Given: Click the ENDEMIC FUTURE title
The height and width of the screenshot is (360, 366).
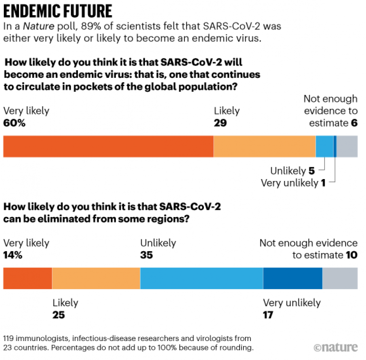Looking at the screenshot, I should pyautogui.click(x=58, y=11).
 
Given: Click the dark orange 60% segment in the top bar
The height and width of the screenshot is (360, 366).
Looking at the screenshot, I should pyautogui.click(x=108, y=146).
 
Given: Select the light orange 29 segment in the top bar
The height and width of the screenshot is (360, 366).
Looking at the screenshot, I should pyautogui.click(x=264, y=146).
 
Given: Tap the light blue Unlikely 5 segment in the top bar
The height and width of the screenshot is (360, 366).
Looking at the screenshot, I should pyautogui.click(x=325, y=146).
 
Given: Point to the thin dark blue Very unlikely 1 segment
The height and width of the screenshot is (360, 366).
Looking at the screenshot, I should pyautogui.click(x=335, y=146).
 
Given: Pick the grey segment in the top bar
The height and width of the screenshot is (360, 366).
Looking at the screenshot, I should pyautogui.click(x=347, y=146).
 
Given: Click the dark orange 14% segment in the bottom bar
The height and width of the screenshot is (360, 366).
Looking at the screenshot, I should pyautogui.click(x=28, y=278).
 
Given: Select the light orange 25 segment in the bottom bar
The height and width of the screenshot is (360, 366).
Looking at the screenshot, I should pyautogui.click(x=96, y=278).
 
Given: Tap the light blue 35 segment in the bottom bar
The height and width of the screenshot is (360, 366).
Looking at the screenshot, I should pyautogui.click(x=202, y=278).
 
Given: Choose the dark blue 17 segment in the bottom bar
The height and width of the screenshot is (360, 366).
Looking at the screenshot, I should pyautogui.click(x=293, y=278).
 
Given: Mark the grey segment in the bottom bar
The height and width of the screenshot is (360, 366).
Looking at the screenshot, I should pyautogui.click(x=340, y=278).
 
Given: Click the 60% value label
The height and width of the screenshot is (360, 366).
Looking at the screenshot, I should pyautogui.click(x=14, y=123).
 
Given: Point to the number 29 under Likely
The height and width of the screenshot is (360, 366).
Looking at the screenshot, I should pyautogui.click(x=220, y=123).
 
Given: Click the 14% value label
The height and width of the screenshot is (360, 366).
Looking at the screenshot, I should pyautogui.click(x=14, y=255).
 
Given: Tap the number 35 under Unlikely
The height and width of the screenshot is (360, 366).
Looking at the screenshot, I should pyautogui.click(x=147, y=255).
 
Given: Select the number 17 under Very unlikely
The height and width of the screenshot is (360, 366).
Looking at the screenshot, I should pyautogui.click(x=269, y=314).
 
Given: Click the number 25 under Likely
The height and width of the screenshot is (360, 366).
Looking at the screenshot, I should pyautogui.click(x=58, y=314).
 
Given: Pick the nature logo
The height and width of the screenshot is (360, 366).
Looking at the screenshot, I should pyautogui.click(x=336, y=347).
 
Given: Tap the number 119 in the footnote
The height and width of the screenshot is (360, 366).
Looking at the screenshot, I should pyautogui.click(x=10, y=338).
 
